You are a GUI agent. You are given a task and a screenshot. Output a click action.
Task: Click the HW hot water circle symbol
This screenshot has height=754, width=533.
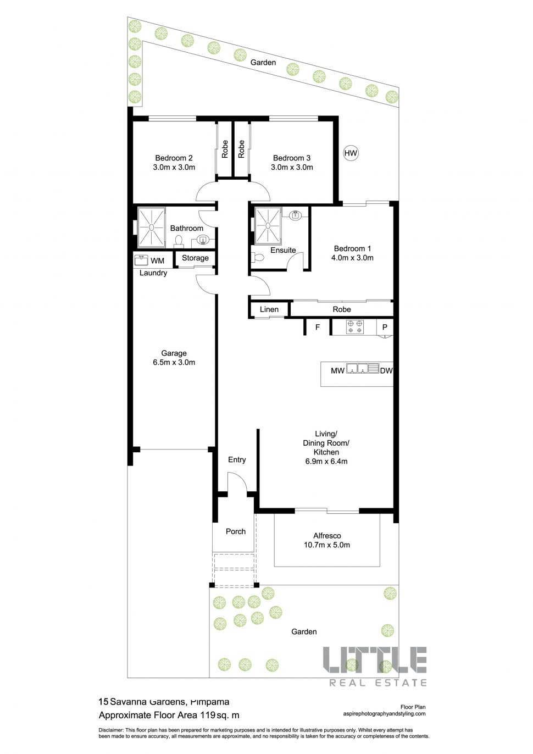tap(351, 153)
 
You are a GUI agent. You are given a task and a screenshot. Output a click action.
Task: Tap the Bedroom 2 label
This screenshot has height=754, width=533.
tap(174, 158)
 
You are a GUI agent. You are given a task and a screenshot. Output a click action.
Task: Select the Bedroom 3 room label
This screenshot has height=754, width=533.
tap(292, 158)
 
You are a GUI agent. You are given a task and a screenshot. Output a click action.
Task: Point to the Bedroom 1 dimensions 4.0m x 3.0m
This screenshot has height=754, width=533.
tap(352, 258)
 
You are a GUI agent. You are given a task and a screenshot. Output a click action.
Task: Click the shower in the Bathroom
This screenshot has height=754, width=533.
tap(151, 227)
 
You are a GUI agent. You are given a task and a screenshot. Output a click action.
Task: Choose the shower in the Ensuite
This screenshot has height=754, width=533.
tap(268, 225)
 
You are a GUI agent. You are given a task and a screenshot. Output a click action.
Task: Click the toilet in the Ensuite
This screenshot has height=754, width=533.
tap(257, 257)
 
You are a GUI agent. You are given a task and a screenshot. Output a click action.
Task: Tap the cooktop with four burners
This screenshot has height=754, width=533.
tap(354, 327)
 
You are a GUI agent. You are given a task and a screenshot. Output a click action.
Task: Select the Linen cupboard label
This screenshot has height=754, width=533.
tap(269, 309)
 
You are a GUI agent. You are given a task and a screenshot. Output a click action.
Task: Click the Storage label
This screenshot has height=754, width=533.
tap(195, 258)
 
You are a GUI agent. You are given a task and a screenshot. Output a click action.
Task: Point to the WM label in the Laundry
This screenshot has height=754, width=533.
tap(157, 260)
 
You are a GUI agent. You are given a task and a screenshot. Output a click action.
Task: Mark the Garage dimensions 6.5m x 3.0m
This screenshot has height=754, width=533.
tap(174, 363)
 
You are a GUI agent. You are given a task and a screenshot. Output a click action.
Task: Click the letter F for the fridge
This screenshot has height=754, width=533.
tap(318, 327)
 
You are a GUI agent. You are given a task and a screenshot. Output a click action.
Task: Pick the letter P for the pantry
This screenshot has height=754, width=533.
tap(385, 327)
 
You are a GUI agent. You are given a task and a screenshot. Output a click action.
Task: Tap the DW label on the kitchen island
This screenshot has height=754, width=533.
tap(386, 370)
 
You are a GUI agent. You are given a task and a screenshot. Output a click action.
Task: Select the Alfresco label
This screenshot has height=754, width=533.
tap(327, 536)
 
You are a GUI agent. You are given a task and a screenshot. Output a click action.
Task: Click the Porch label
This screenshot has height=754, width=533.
tap(236, 531)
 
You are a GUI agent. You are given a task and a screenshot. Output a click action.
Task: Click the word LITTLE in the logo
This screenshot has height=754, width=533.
tap(375, 659)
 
